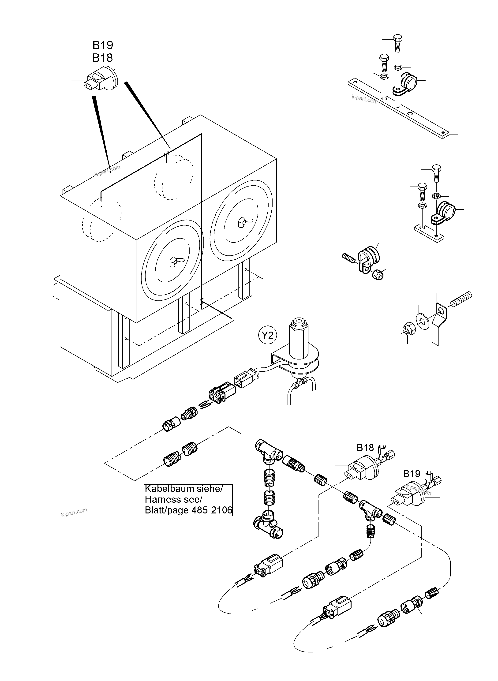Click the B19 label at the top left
[103, 45]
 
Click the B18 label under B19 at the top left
[103, 58]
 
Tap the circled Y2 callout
[267, 335]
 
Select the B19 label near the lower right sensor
[412, 474]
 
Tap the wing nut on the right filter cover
[242, 222]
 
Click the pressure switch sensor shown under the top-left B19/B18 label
[101, 79]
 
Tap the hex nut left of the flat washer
[409, 328]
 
